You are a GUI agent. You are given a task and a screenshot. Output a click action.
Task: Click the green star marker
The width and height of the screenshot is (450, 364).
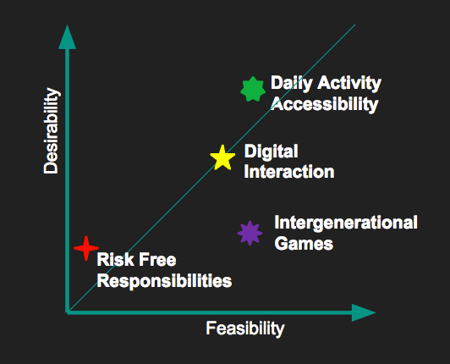(253, 89)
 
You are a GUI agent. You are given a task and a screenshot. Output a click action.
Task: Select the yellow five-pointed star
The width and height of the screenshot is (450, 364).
(222, 157)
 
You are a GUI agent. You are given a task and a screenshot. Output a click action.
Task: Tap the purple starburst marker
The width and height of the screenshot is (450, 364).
(250, 233)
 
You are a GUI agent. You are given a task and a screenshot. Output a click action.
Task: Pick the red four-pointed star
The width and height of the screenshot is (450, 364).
(86, 248)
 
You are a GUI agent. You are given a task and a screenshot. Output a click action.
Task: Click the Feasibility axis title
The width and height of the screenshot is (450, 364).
(245, 328)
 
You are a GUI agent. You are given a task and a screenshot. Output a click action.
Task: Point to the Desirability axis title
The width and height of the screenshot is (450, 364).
(52, 130)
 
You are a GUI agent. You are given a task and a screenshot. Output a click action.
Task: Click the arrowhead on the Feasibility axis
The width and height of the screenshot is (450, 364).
(364, 312)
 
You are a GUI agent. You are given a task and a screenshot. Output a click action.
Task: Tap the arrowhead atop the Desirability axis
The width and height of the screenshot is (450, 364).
(67, 37)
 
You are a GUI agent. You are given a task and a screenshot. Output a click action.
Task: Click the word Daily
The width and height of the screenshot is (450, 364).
(292, 83)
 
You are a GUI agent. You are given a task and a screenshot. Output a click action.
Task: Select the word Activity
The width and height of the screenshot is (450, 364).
(349, 83)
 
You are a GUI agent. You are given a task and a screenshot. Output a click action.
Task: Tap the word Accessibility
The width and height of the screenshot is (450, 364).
(325, 104)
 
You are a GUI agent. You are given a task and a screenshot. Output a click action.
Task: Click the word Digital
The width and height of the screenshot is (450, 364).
(272, 152)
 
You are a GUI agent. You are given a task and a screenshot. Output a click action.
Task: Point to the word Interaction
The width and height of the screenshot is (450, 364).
(289, 172)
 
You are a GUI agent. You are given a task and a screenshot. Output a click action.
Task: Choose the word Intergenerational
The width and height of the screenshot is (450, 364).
(346, 223)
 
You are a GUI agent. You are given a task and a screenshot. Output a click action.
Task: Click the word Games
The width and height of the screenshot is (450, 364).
(304, 244)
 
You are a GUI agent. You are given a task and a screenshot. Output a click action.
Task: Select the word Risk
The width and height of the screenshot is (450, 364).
(116, 260)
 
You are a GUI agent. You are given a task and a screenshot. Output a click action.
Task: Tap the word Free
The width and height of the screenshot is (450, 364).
(157, 260)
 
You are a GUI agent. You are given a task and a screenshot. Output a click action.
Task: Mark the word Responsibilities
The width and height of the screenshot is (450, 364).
(164, 281)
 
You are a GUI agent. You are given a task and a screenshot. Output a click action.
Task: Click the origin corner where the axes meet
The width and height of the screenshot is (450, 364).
(68, 312)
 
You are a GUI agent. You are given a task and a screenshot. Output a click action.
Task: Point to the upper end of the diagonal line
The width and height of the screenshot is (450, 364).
(355, 25)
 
